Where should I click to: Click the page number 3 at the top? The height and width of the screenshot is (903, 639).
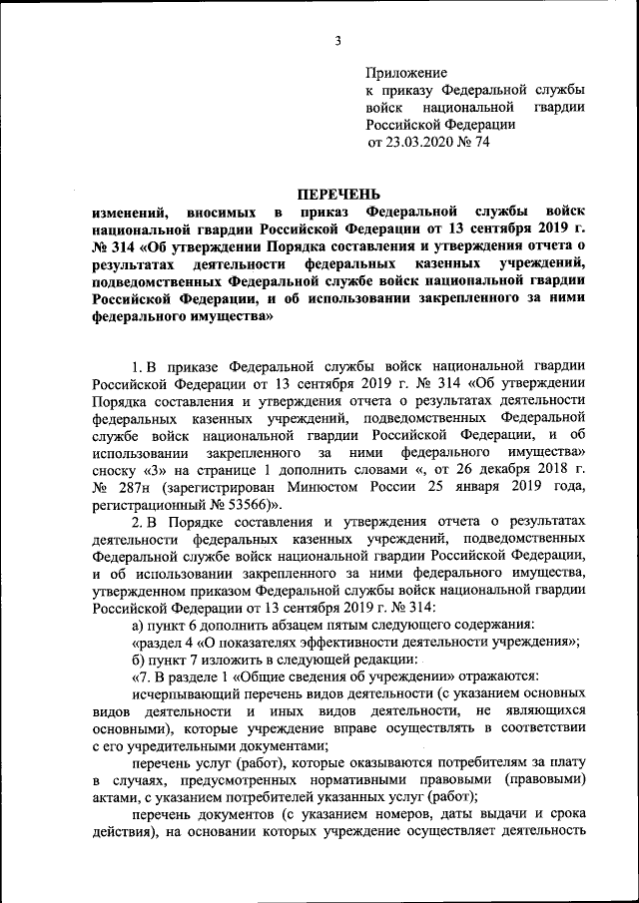[x=337, y=41]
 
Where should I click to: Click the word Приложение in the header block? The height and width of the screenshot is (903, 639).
[x=407, y=73]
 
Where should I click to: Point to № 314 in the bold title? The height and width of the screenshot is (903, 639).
[x=114, y=245]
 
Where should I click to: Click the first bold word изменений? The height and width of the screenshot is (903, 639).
[x=128, y=213]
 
